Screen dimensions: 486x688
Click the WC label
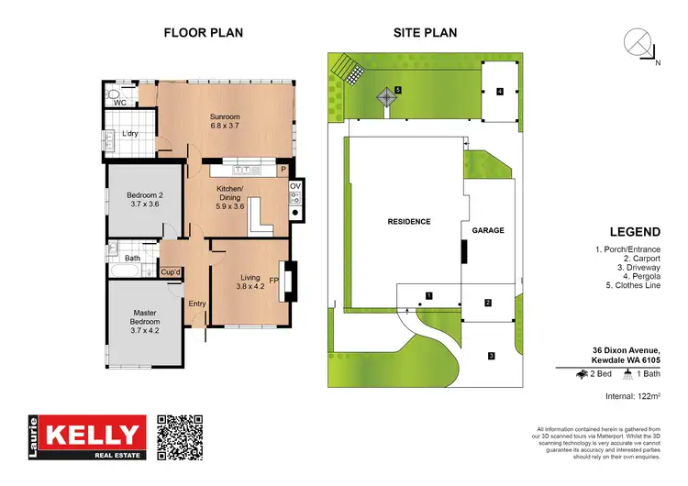click(x=119, y=103)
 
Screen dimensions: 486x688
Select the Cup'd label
click(x=170, y=271)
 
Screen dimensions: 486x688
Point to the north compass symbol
click(x=638, y=44)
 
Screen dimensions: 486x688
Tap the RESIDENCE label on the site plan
click(x=408, y=221)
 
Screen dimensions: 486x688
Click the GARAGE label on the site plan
click(x=488, y=230)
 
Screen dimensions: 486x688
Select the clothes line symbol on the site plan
click(x=384, y=96)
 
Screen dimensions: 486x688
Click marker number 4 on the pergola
click(x=500, y=92)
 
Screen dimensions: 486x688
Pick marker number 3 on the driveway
click(x=491, y=356)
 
